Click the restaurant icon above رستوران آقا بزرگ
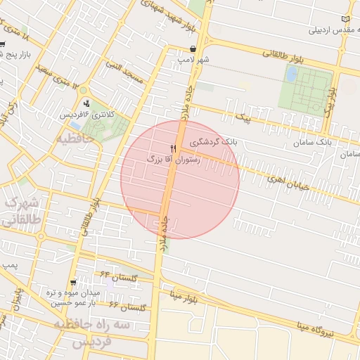pos(173,149)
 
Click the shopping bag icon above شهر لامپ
pos(193,49)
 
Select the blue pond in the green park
pos(291,74)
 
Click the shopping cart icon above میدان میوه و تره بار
pos(73,282)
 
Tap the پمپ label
pos(9,265)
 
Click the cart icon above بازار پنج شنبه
pos(4,44)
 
